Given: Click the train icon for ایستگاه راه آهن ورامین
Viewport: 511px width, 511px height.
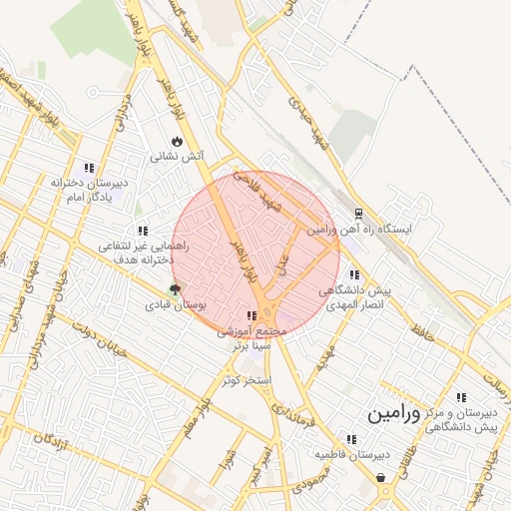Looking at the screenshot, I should point(358,214).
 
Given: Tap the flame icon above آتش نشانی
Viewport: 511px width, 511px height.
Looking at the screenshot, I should point(178,141).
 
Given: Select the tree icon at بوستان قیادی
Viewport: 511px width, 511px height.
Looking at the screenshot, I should point(177,289).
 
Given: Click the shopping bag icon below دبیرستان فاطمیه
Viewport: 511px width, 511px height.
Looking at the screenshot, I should point(380,478).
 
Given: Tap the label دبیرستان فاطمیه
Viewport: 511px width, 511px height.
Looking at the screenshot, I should point(351,454).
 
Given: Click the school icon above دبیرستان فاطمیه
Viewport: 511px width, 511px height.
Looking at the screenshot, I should point(350,439).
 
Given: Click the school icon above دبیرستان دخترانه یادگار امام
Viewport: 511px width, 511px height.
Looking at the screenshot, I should point(89,169).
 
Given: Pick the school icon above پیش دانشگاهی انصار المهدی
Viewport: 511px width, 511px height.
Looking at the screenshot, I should point(354,274).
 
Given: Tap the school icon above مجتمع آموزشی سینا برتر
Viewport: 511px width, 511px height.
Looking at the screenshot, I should point(250,316).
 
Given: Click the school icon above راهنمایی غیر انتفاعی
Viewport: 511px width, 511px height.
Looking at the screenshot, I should point(143,231).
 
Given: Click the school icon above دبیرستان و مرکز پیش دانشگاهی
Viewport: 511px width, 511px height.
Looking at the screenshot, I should point(461,396).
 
